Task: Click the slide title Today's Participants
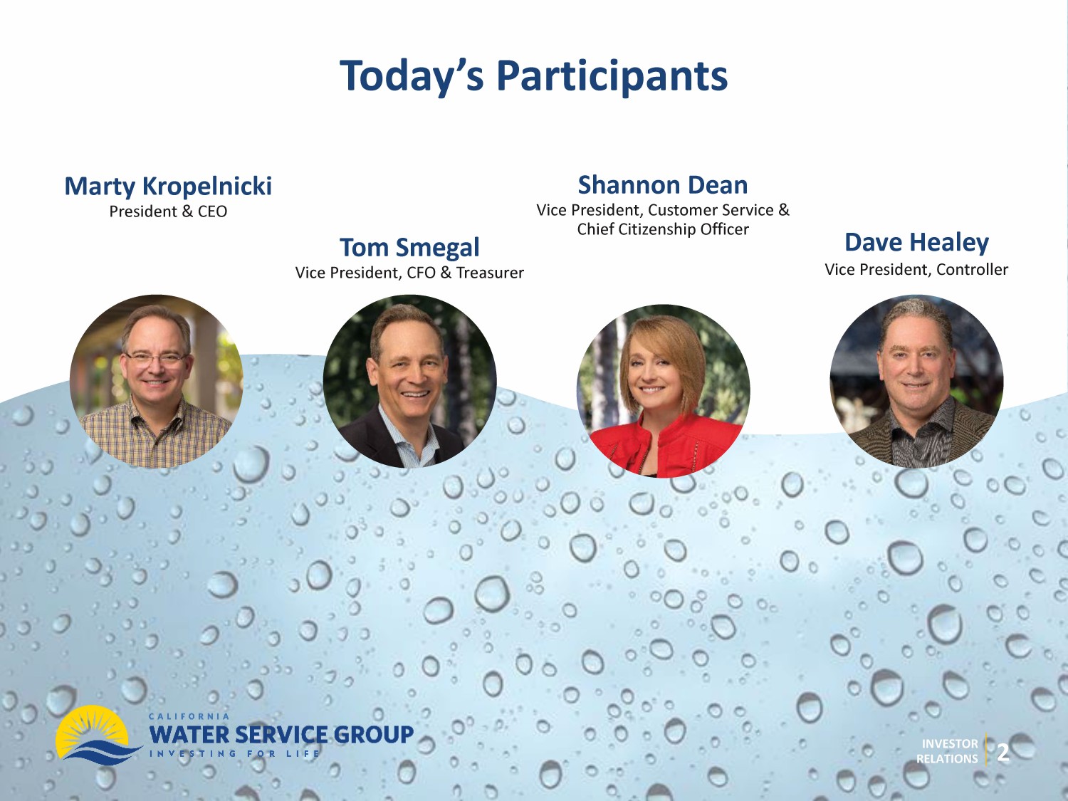[x=533, y=77]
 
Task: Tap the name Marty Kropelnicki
[x=168, y=187]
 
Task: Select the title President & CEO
[x=168, y=211]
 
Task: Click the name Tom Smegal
[x=409, y=247]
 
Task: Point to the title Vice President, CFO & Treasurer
[x=409, y=273]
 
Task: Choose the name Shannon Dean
[x=663, y=185]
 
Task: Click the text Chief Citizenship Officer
[x=663, y=229]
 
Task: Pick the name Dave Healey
[x=916, y=242]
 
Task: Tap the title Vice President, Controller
[x=916, y=269]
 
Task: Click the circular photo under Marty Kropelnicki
[x=156, y=382]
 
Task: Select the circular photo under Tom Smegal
[x=409, y=382]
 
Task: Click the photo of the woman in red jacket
[x=663, y=391]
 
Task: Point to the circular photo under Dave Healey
[x=916, y=382]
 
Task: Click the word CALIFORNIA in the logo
[x=189, y=716]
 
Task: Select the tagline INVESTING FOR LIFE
[x=234, y=754]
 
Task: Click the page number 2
[x=1002, y=753]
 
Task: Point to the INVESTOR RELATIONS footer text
[x=947, y=751]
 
